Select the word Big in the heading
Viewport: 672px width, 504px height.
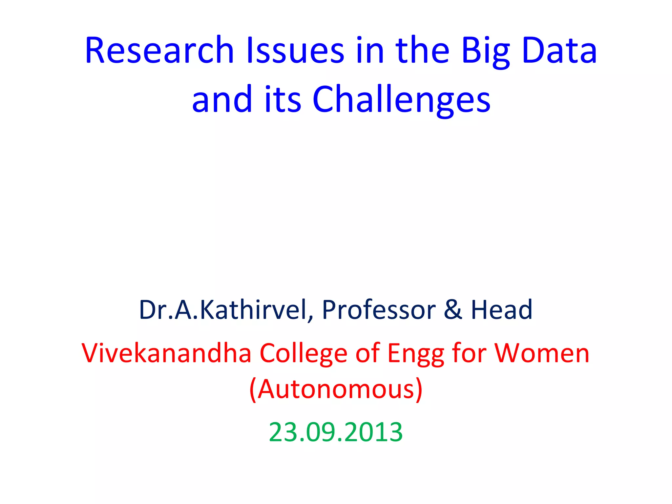(486, 52)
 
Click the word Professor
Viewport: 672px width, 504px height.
(379, 310)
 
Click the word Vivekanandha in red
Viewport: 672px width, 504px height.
(166, 353)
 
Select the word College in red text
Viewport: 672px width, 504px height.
(304, 354)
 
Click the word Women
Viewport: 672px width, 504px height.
(542, 353)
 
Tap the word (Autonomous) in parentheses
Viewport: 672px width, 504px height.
(336, 389)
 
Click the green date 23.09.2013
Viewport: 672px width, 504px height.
(336, 432)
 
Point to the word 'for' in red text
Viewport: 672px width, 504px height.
(469, 353)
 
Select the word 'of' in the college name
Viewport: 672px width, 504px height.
(367, 353)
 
